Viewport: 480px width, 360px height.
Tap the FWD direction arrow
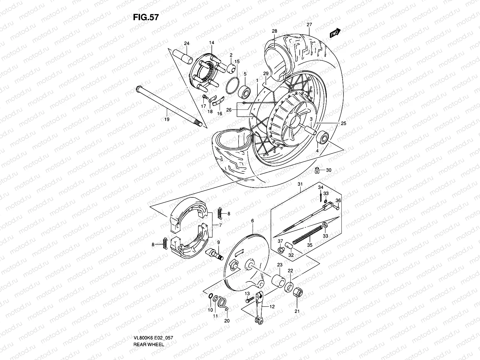335,33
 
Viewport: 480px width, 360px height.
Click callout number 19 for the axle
167,119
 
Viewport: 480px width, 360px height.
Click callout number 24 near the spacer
187,43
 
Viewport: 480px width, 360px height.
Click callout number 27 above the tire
309,25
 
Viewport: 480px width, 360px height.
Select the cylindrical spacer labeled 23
278,280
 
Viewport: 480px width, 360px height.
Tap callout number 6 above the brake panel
253,221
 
